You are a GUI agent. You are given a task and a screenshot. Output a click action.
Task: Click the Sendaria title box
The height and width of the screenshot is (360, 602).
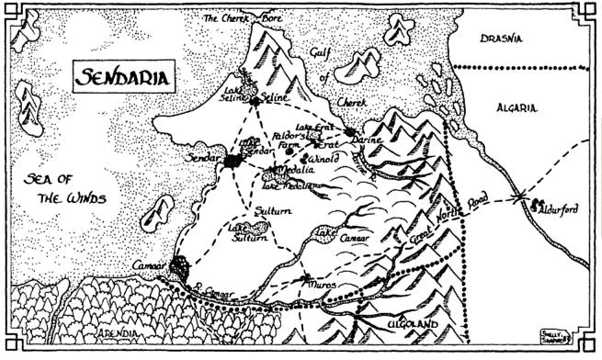pyautogui.click(x=123, y=77)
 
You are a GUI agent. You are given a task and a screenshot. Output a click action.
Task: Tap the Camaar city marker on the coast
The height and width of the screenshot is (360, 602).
pyautogui.click(x=180, y=269)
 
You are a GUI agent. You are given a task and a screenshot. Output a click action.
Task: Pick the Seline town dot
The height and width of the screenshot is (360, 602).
pyautogui.click(x=255, y=101)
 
